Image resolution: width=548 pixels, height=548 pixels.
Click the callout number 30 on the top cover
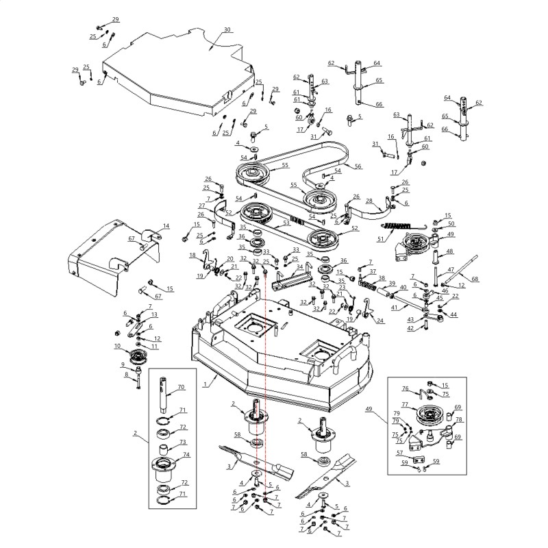(227, 30)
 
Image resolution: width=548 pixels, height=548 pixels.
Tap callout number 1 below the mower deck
(205, 386)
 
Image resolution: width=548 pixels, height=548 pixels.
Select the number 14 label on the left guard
(166, 226)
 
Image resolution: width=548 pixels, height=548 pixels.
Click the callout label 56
(357, 166)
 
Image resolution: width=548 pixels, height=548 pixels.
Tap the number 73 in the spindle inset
(184, 442)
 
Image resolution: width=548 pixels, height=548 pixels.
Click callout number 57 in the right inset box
(400, 453)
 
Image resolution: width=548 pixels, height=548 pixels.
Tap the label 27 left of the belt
(201, 206)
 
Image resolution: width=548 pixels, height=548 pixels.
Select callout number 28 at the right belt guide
(369, 201)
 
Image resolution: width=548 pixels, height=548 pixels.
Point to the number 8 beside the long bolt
(126, 375)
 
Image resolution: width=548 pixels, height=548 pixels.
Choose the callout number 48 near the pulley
(450, 251)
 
